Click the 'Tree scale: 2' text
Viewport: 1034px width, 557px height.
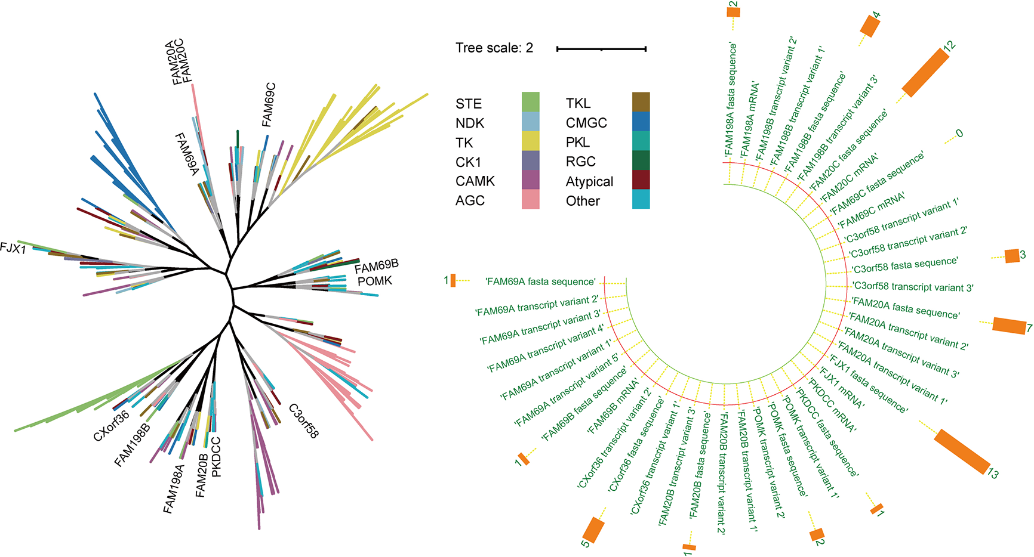click(494, 48)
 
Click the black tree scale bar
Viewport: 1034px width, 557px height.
click(601, 49)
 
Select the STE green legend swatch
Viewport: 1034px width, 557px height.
click(530, 102)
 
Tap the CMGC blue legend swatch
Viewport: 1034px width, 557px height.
click(641, 122)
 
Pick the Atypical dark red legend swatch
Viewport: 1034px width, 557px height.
click(641, 180)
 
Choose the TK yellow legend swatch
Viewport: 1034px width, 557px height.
click(530, 141)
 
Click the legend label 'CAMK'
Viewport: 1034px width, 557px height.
click(475, 181)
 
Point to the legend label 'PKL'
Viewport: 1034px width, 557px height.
click(578, 143)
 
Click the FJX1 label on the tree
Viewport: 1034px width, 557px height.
click(13, 248)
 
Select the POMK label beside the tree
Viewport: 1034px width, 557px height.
click(375, 281)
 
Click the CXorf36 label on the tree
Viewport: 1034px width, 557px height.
click(111, 426)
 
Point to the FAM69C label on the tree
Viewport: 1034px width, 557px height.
click(269, 105)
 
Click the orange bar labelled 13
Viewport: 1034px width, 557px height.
click(961, 451)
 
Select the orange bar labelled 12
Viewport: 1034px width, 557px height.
click(925, 73)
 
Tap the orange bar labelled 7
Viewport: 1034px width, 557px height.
click(1009, 326)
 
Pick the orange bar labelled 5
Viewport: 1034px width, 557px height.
click(593, 530)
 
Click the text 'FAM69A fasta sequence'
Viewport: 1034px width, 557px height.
click(541, 281)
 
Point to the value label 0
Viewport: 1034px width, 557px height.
click(959, 134)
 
